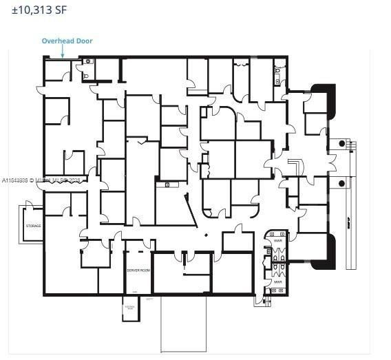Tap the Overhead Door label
click(x=67, y=41)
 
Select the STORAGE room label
click(x=34, y=226)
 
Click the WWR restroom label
click(x=278, y=242)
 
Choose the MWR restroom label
click(x=278, y=282)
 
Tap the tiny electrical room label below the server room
click(x=129, y=308)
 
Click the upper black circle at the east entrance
click(x=341, y=144)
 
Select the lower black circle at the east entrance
click(x=341, y=183)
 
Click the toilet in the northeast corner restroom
click(x=278, y=70)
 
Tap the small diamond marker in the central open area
click(x=206, y=235)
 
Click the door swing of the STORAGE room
click(x=29, y=206)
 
